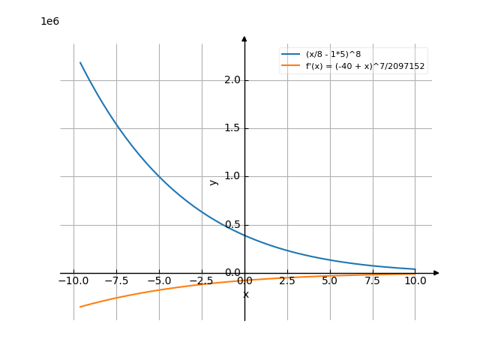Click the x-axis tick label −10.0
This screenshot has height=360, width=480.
(73, 281)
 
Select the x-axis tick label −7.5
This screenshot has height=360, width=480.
(116, 281)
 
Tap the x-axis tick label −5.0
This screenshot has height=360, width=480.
(159, 281)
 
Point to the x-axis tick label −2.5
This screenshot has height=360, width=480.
(202, 281)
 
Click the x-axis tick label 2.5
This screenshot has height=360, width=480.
(287, 281)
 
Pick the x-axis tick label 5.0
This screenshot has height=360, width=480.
(330, 281)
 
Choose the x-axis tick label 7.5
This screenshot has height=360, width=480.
(373, 281)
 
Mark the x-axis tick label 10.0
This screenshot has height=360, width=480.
(415, 281)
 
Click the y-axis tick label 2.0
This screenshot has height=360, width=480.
(232, 80)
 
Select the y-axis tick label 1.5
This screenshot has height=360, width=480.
(232, 128)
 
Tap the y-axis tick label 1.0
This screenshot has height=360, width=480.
(232, 176)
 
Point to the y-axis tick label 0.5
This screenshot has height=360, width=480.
(232, 225)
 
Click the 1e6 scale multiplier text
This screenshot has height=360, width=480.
(49, 21)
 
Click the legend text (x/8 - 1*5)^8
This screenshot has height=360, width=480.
(333, 55)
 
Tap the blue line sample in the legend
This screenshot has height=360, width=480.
(291, 55)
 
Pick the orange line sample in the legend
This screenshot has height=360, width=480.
(291, 66)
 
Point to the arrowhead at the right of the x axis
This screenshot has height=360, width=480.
(436, 273)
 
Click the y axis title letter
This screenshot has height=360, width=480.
(214, 181)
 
